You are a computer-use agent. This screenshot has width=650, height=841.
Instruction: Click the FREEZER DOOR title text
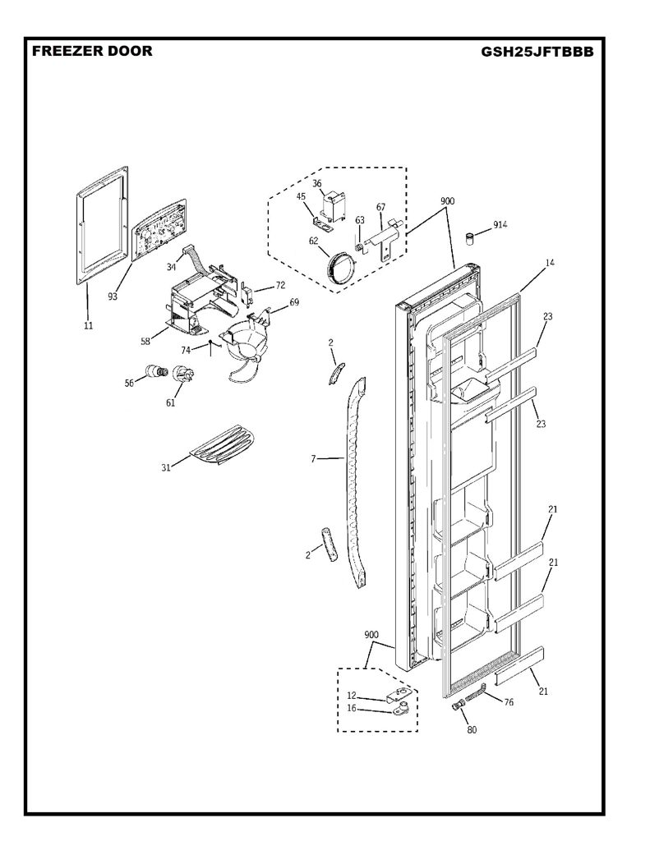[x=92, y=51]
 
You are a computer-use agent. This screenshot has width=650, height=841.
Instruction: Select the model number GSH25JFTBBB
[x=537, y=52]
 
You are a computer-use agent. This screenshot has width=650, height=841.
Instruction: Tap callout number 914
[x=500, y=225]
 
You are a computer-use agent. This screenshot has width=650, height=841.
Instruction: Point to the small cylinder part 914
[x=470, y=239]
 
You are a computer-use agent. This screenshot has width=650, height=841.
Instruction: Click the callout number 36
[x=317, y=183]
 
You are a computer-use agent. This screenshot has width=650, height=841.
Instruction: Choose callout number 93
[x=113, y=296]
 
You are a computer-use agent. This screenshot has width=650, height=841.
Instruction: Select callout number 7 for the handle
[x=313, y=458]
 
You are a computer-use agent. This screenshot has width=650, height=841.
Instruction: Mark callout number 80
[x=472, y=729]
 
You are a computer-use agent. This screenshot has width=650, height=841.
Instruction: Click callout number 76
[x=508, y=702]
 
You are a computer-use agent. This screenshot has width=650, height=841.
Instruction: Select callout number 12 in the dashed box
[x=351, y=696]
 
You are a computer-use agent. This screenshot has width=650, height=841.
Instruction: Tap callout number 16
[x=351, y=708]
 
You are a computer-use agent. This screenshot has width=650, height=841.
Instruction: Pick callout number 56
[x=129, y=383]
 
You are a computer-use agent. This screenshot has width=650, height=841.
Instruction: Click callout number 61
[x=170, y=402]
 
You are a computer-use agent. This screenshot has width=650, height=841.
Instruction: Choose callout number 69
[x=294, y=302]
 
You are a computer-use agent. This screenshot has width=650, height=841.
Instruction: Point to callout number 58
[x=145, y=342]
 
